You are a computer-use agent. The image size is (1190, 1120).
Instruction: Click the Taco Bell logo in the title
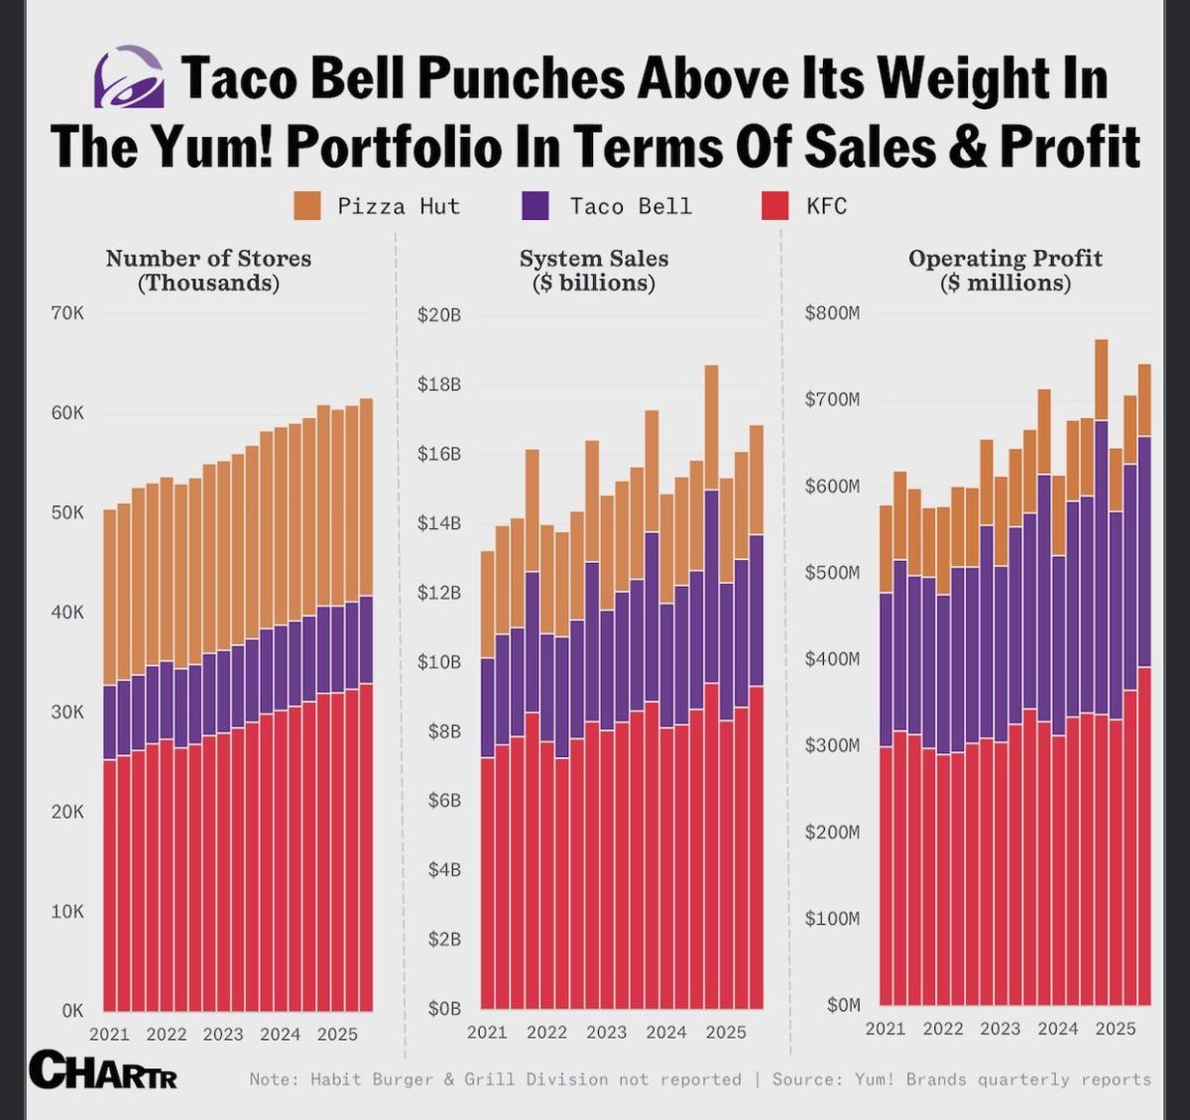tap(129, 76)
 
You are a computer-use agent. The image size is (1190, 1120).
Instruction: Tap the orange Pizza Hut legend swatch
tap(306, 206)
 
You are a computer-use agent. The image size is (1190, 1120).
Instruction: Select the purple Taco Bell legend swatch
tap(535, 206)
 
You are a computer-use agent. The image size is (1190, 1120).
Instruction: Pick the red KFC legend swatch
tap(774, 206)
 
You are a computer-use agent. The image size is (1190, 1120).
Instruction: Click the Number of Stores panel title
tap(208, 271)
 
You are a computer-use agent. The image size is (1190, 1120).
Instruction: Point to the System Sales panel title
tap(594, 271)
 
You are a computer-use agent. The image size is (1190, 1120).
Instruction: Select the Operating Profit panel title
tap(1005, 271)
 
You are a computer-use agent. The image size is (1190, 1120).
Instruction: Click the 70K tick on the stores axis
tap(66, 313)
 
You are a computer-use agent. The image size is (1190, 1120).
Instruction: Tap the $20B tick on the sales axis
tap(439, 315)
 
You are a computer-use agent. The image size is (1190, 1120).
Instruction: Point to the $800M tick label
tap(832, 313)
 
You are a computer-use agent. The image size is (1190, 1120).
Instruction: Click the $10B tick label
tap(439, 661)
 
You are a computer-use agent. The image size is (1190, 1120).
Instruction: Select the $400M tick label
tap(832, 659)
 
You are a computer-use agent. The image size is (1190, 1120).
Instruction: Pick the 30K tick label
tap(66, 712)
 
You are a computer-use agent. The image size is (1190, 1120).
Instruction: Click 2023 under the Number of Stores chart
tap(223, 1034)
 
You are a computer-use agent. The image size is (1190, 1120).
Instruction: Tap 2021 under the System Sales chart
tap(487, 1032)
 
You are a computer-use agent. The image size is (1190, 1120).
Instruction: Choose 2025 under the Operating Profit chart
tap(1116, 1029)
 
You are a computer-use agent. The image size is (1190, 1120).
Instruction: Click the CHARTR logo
tap(103, 1070)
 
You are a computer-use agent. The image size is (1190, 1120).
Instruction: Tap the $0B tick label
tap(443, 1008)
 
